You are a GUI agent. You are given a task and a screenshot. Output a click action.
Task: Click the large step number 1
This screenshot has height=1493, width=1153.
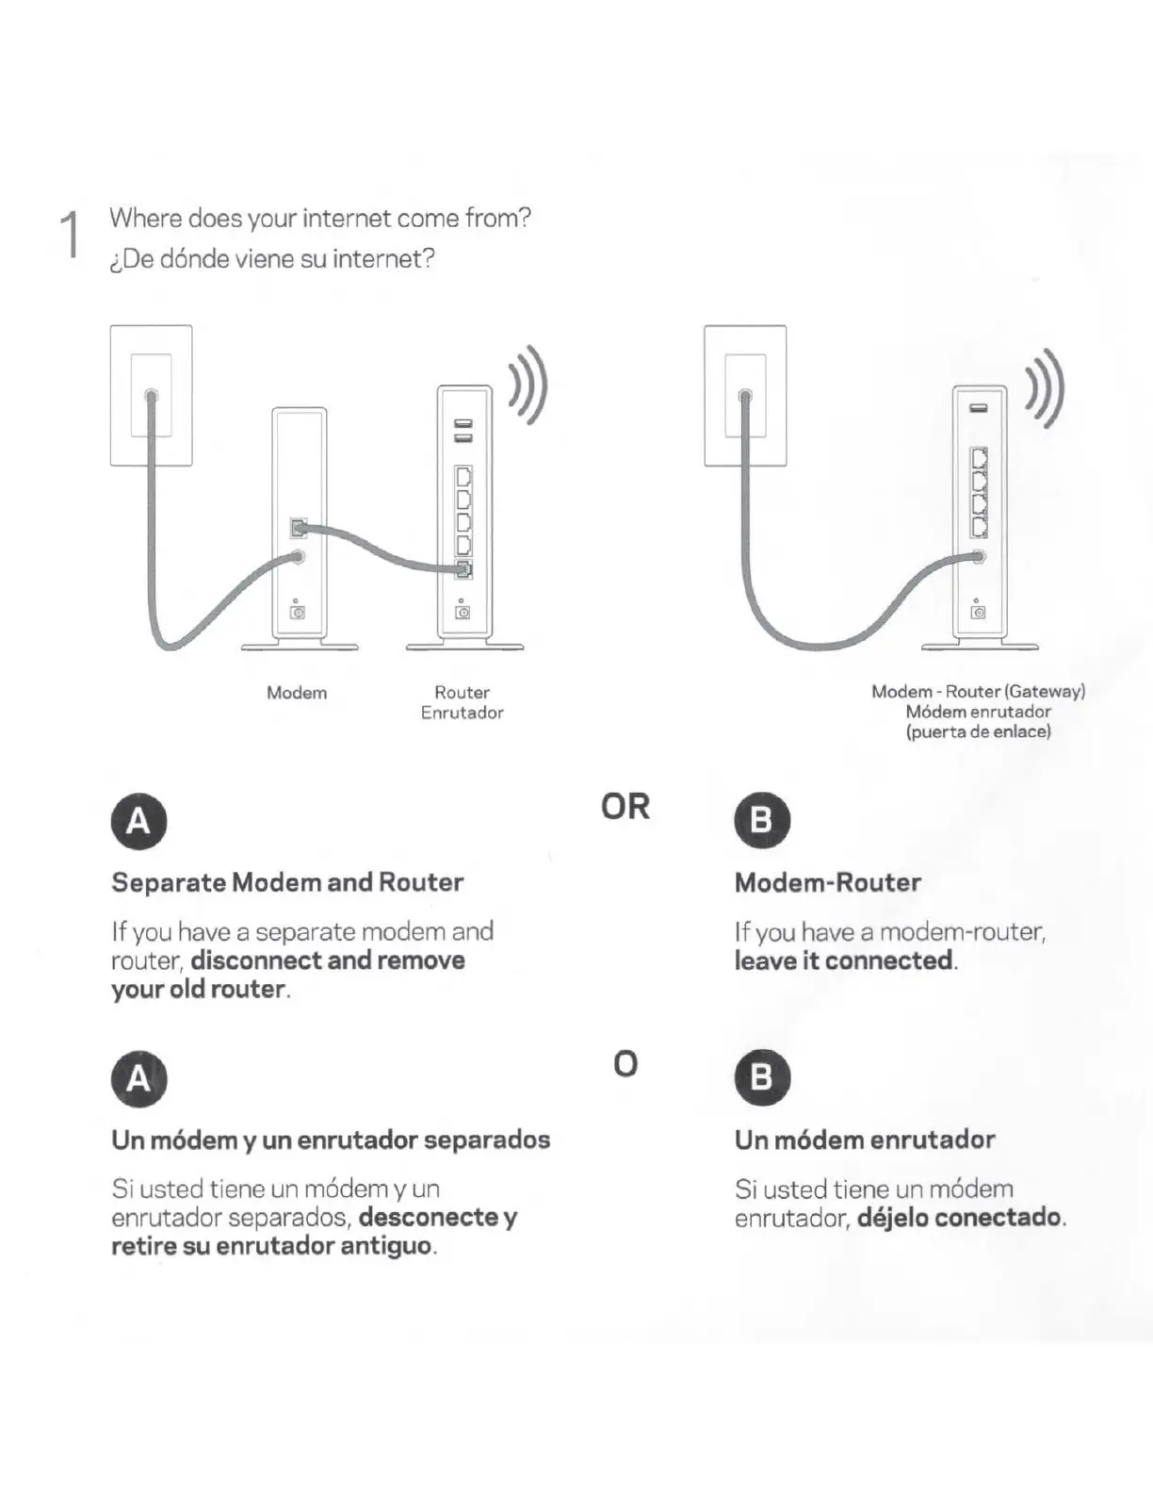69,235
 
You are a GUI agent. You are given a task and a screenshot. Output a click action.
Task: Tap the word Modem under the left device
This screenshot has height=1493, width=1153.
297,693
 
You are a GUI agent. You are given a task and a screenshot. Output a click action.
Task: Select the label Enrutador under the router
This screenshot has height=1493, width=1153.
462,714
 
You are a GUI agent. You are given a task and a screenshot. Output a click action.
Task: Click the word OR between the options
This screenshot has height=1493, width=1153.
625,807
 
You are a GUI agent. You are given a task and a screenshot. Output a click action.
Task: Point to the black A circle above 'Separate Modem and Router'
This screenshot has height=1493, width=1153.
138,821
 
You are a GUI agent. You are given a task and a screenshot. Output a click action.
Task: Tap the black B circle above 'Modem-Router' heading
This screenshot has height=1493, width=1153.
761,820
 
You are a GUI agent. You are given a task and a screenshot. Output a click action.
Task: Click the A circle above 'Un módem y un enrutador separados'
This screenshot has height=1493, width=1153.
138,1077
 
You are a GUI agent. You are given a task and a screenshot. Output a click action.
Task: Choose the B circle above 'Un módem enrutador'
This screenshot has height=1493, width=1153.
761,1076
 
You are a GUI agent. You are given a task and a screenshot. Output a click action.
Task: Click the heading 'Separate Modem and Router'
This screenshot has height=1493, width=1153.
287,882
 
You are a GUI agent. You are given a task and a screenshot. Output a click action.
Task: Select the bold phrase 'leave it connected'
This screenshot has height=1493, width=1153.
843,960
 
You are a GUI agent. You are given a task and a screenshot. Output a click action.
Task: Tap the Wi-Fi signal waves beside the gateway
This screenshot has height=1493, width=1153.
1047,386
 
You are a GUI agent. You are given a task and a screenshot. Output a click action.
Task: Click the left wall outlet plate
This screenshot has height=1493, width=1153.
151,395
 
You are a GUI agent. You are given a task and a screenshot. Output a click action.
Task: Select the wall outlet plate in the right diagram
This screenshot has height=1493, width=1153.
745,395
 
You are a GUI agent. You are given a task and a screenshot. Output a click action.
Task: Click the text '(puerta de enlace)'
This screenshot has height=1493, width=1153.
978,731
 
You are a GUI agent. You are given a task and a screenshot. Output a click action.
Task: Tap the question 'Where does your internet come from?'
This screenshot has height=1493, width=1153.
320,219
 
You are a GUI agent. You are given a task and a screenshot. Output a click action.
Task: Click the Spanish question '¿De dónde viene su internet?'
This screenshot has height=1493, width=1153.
272,259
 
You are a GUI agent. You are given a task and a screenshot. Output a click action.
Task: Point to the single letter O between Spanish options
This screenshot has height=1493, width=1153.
625,1064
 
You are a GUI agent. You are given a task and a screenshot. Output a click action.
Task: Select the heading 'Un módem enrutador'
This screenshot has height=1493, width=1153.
865,1140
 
